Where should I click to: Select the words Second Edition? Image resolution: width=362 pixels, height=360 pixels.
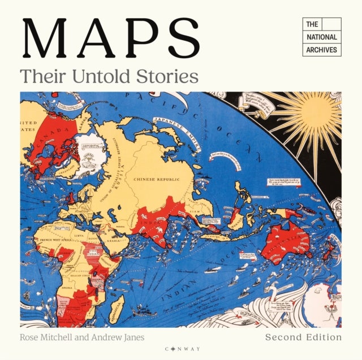coord(304,337)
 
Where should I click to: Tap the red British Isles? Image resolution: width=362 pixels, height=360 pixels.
coord(70,199)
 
